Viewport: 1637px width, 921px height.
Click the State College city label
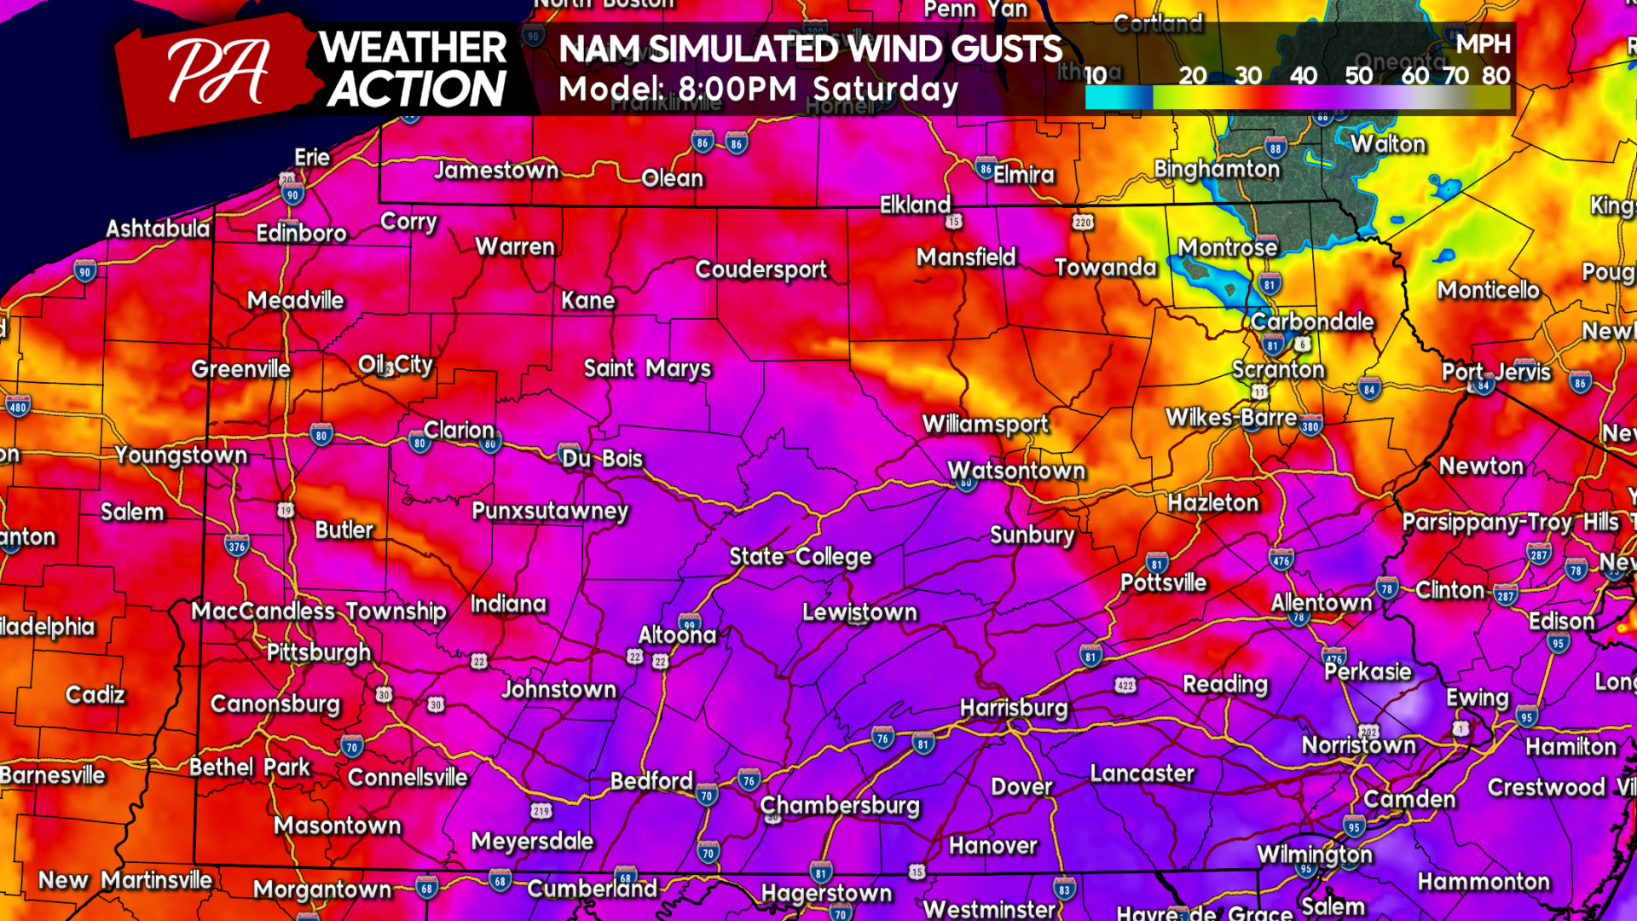click(x=801, y=557)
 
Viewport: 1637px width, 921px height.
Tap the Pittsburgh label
click(x=319, y=652)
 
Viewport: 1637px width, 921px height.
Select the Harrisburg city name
click(x=1014, y=708)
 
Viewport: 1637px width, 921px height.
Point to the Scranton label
click(x=1278, y=369)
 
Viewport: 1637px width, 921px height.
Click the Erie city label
click(x=312, y=157)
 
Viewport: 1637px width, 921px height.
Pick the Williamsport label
click(x=986, y=424)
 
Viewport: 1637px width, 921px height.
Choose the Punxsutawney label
click(x=550, y=511)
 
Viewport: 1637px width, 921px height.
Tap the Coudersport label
click(x=761, y=269)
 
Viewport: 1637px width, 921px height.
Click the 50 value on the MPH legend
click(x=1358, y=76)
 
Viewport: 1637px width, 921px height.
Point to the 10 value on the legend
click(x=1096, y=76)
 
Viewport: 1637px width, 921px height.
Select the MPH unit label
click(x=1483, y=44)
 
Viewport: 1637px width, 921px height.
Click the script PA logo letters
click(x=218, y=72)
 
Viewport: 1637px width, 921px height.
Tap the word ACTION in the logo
click(x=417, y=89)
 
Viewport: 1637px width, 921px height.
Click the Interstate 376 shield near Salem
click(x=237, y=547)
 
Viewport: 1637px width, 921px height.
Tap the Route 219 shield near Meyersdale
click(x=541, y=811)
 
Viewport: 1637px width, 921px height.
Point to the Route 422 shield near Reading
click(x=1125, y=686)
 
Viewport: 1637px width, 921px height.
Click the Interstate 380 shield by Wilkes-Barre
click(x=1310, y=426)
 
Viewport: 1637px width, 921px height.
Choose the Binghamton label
click(x=1217, y=169)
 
